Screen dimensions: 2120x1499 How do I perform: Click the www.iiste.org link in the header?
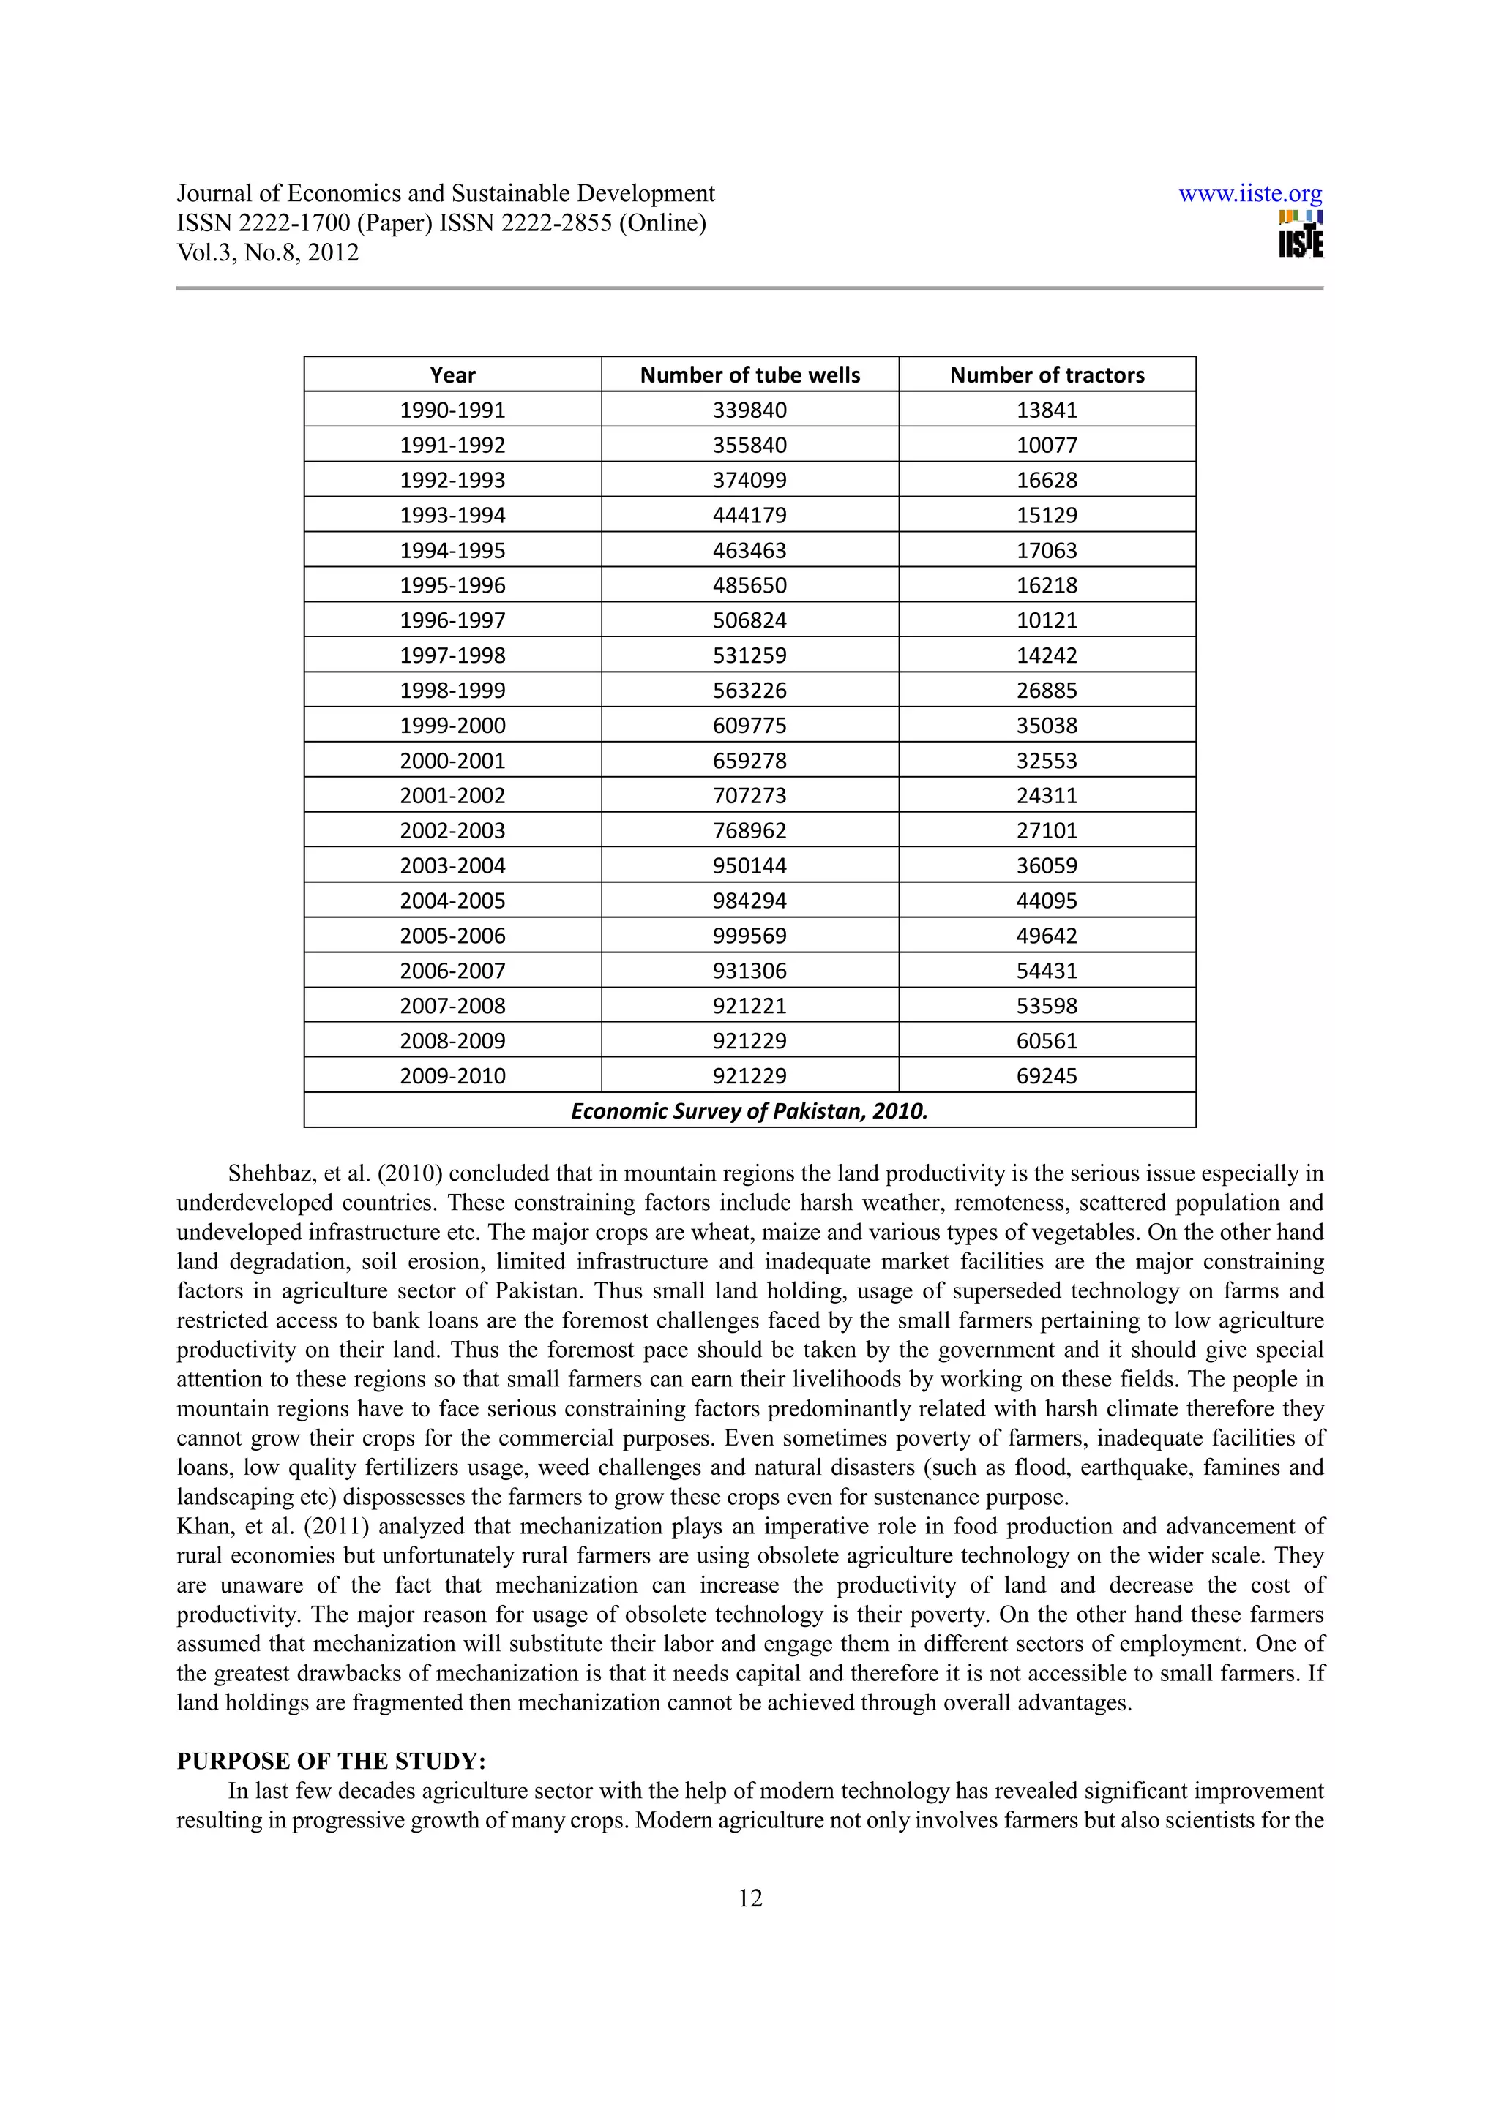[x=1249, y=194]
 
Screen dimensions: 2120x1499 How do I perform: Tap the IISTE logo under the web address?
[x=1301, y=236]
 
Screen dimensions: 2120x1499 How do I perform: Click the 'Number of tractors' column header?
[x=1047, y=375]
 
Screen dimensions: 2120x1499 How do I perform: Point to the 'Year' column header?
[x=452, y=375]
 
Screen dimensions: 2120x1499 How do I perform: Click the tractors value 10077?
[x=1047, y=445]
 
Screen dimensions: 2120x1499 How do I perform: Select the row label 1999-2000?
[x=452, y=726]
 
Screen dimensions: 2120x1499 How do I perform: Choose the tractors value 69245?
[x=1047, y=1075]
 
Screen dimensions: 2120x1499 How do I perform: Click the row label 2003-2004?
[x=452, y=866]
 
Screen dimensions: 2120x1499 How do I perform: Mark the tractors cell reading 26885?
[x=1047, y=691]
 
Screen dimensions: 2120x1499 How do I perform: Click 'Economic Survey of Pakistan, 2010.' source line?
[x=749, y=1110]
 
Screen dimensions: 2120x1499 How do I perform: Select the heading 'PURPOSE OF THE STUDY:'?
[x=331, y=1761]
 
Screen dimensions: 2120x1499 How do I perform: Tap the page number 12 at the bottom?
[x=750, y=1898]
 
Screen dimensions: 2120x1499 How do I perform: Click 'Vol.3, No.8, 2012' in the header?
[x=268, y=253]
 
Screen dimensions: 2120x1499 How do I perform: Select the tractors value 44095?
[x=1047, y=901]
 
